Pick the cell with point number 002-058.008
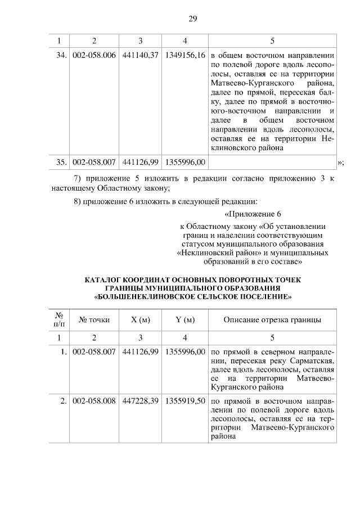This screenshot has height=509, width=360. tap(94, 402)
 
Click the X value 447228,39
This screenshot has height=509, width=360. tap(140, 402)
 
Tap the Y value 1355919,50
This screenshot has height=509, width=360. tap(185, 402)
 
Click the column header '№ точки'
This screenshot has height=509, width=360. tap(94, 320)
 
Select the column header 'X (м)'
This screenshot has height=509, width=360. tap(140, 320)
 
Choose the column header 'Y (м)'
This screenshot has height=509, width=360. tap(185, 320)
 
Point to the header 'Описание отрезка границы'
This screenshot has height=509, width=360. tap(272, 320)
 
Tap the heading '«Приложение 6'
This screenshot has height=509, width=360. tap(252, 214)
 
